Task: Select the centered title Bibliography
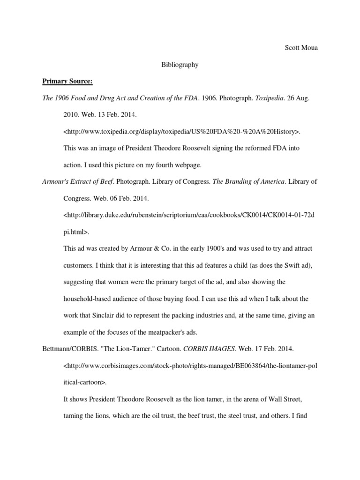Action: pos(180,65)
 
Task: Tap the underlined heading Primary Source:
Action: pos(67,82)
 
